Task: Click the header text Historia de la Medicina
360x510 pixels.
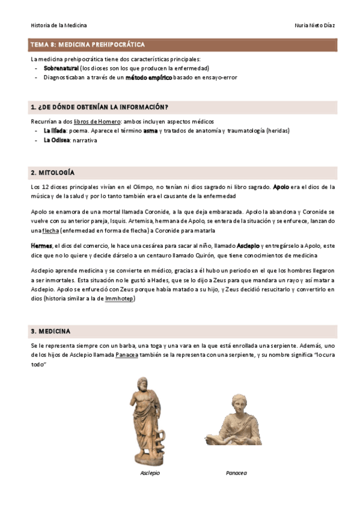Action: [59, 25]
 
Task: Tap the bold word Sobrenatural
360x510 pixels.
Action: [61, 69]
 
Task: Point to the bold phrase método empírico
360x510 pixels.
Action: [148, 78]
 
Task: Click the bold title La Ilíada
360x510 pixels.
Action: [55, 131]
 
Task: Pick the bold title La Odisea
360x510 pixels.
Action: [56, 140]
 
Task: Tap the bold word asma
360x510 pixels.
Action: [150, 131]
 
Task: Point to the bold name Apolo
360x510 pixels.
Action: [281, 187]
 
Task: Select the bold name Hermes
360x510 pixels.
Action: [41, 246]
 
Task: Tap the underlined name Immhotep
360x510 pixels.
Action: [119, 298]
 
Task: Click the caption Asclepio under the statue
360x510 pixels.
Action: [150, 473]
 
